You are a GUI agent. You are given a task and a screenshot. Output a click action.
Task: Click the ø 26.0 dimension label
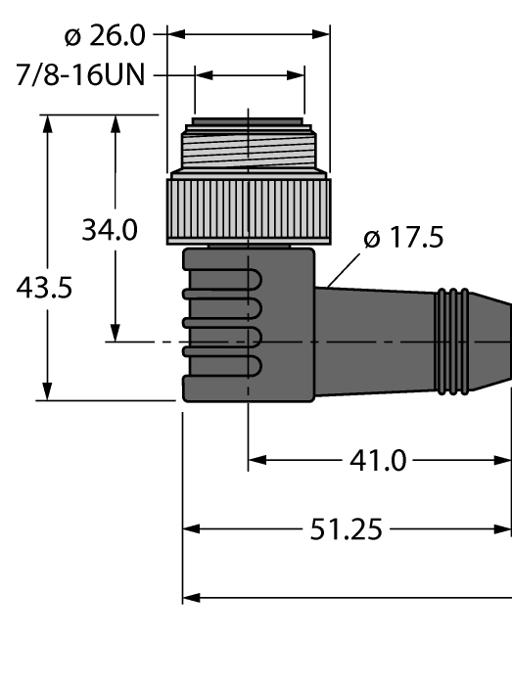pos(105,36)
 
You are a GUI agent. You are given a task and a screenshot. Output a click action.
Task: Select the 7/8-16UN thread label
pos(82,75)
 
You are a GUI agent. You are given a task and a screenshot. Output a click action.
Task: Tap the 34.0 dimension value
pos(109,231)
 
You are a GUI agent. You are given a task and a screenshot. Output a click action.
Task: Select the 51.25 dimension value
pos(346,529)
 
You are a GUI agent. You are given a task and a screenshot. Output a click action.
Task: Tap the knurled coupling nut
pos(249,207)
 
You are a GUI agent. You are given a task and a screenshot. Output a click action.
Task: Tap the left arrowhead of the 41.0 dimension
pos(256,460)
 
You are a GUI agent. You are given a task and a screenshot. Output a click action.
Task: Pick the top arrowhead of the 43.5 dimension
pos(47,121)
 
